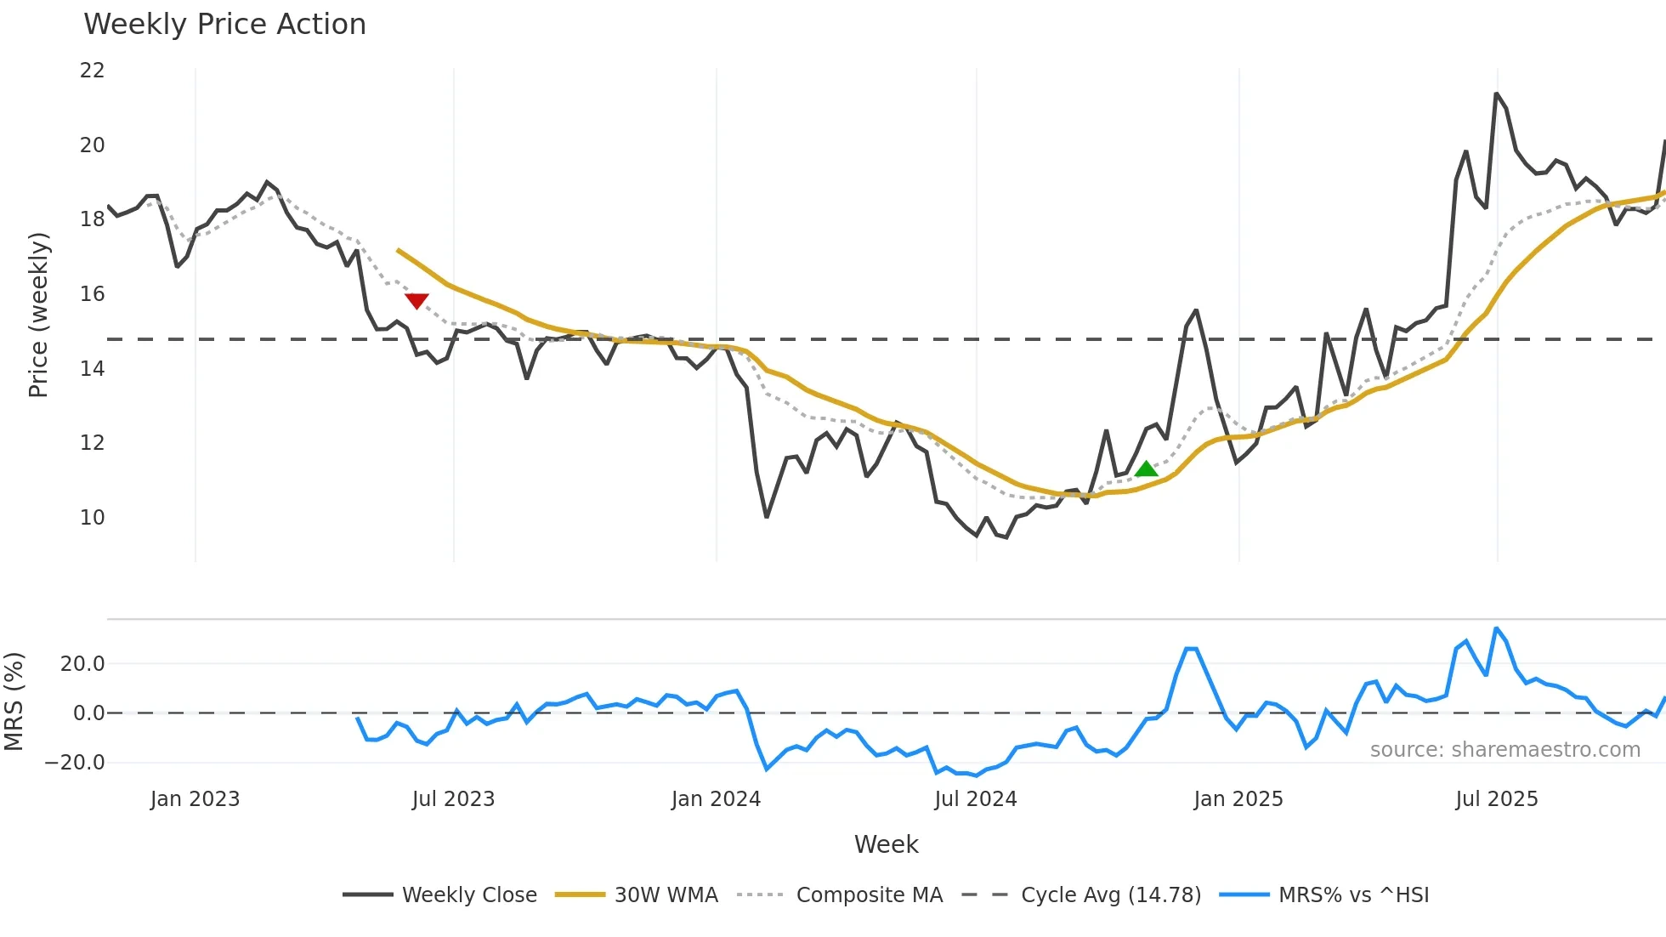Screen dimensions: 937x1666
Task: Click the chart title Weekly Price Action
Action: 224,25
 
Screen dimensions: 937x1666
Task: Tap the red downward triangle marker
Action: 416,300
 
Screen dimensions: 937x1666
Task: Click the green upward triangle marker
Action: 1147,468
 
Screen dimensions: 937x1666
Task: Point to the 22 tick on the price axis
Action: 93,71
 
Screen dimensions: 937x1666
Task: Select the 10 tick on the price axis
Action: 93,517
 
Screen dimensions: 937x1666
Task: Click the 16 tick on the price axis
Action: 93,294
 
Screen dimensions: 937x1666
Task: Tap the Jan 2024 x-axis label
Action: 716,799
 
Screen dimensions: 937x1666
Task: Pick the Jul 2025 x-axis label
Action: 1497,799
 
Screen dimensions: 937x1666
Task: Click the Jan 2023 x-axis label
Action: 195,799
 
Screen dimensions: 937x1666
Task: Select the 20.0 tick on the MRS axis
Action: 82,664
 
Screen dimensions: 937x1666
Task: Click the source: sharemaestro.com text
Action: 1504,750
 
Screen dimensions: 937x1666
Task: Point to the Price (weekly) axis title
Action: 38,315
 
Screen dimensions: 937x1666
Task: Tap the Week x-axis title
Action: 886,844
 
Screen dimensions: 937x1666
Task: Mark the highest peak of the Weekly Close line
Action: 1496,94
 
